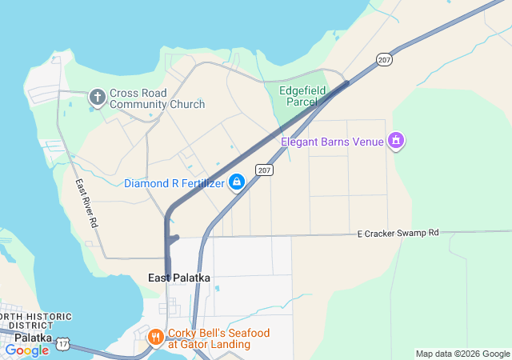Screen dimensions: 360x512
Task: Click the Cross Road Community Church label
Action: [157, 98]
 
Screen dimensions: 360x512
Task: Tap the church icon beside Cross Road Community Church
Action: [98, 98]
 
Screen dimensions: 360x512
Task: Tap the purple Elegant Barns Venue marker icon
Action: [394, 142]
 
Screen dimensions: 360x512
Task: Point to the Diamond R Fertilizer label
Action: [174, 183]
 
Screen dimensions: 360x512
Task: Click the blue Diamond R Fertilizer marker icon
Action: [237, 183]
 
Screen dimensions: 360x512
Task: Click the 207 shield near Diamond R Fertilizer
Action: [265, 170]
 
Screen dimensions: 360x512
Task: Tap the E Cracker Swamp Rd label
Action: [398, 233]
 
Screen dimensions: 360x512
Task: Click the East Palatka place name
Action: [179, 278]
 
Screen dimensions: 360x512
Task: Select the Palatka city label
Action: [28, 338]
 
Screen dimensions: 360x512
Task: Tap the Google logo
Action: [26, 350]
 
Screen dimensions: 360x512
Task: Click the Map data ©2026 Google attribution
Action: [462, 354]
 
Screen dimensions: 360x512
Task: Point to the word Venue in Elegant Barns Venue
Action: [369, 142]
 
